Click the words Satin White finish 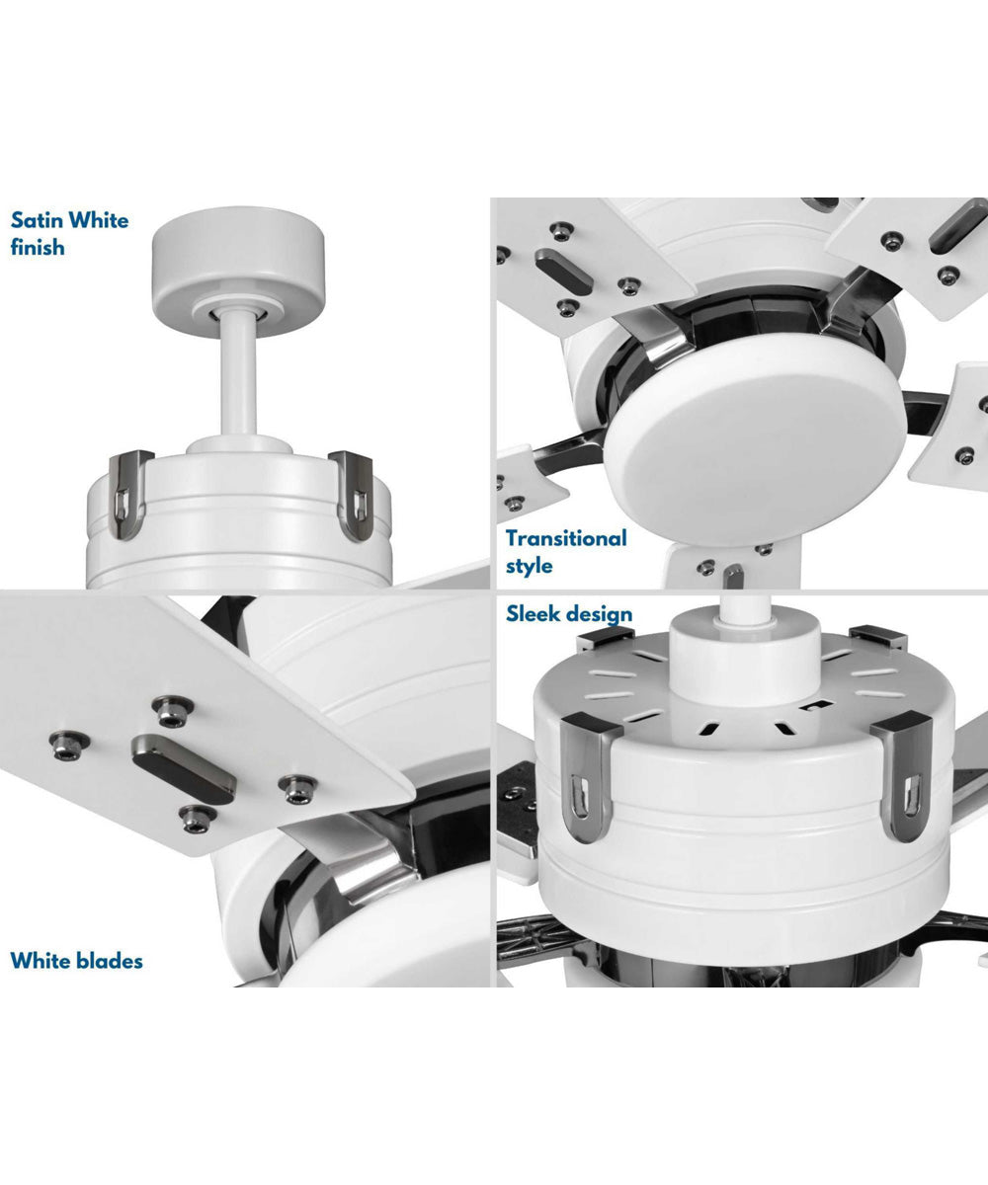[x=69, y=233]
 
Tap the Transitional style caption [x=566, y=552]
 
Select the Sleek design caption [x=569, y=614]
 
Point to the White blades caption [x=76, y=960]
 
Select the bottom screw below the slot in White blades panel [x=198, y=817]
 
